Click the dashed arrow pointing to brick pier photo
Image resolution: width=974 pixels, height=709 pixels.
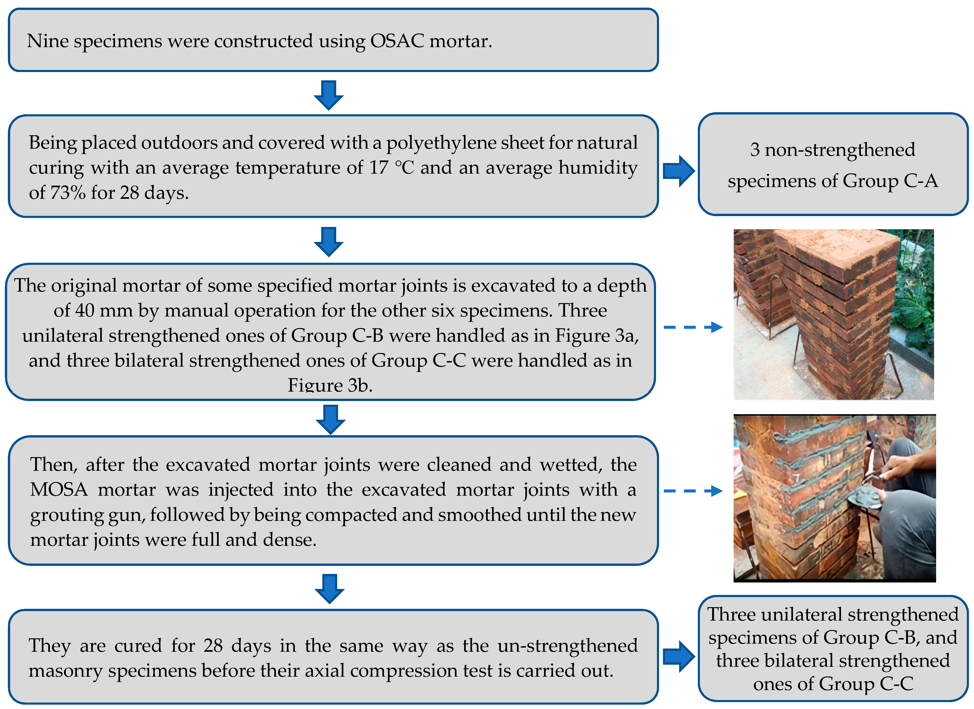[x=692, y=327]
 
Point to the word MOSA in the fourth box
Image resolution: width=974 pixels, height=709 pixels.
[x=59, y=489]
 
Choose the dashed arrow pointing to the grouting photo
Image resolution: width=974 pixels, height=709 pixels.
[x=692, y=491]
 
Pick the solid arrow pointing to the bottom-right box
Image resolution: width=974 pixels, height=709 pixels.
[x=678, y=656]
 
